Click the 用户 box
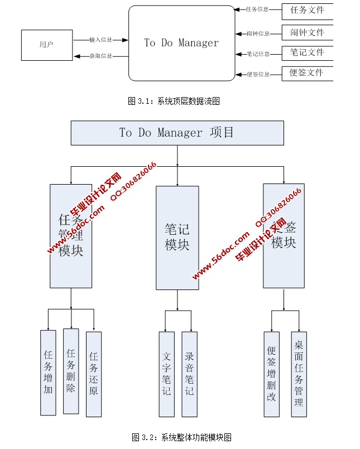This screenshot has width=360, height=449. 47,45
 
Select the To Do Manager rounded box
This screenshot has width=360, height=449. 181,43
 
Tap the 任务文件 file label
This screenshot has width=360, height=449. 306,10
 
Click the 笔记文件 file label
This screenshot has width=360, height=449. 306,52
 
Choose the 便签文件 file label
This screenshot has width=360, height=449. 306,73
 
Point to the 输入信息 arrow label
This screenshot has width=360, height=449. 101,40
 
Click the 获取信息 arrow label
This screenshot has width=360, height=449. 101,56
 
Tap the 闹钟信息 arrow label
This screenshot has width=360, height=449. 258,33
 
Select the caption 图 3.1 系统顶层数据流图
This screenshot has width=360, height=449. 174,101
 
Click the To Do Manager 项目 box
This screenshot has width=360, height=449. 177,133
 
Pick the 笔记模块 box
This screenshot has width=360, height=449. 177,238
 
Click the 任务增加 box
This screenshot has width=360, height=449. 49,372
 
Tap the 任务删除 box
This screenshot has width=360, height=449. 71,370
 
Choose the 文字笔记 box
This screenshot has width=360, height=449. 167,374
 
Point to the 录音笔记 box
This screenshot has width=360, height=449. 189,374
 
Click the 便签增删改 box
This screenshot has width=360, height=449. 272,374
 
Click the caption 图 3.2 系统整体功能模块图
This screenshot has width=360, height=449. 181,437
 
